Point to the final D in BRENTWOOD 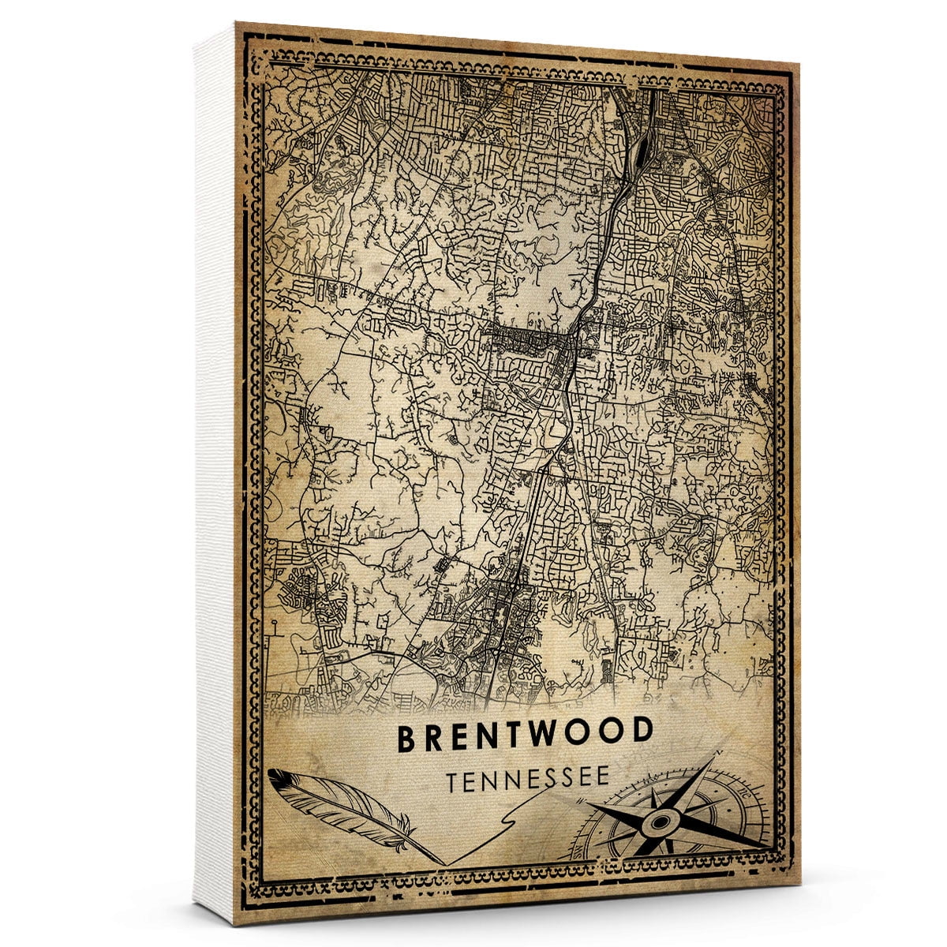click(642, 732)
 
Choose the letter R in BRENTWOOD click(434, 737)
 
